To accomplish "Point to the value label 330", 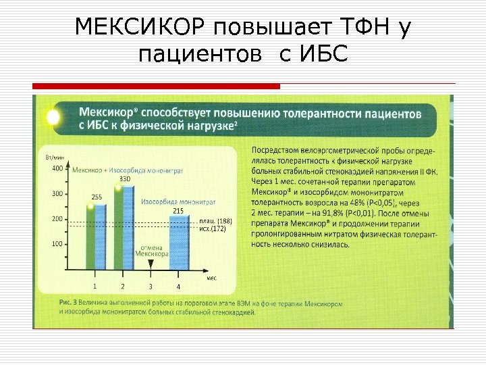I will [x=124, y=179].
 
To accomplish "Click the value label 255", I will [x=97, y=197].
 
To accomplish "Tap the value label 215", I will [x=178, y=212].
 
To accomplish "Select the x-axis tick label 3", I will [x=151, y=287].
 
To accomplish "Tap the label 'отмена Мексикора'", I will [x=151, y=251].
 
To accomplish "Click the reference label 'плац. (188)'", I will [x=216, y=221].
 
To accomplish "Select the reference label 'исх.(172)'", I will [x=213, y=229].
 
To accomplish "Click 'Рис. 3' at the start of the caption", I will [x=68, y=303].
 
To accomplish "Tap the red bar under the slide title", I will [x=156, y=87].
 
